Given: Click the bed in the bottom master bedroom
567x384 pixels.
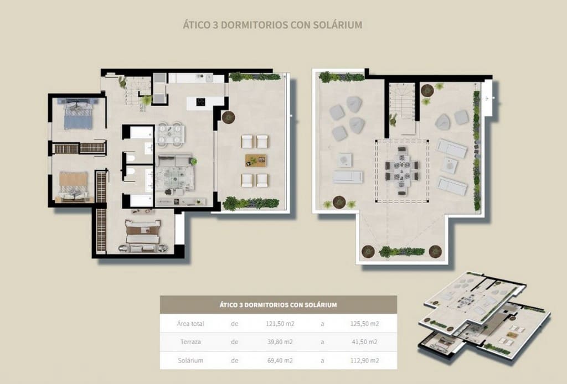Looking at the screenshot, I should [x=143, y=232].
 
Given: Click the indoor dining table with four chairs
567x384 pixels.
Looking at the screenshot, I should [x=170, y=133].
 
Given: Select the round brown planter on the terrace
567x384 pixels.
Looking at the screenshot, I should [x=228, y=116].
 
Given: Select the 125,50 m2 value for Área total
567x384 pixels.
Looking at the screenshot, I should [x=367, y=324].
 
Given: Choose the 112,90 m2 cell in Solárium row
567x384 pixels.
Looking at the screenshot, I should [x=367, y=360].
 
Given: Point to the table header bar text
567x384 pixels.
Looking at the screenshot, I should [x=278, y=305].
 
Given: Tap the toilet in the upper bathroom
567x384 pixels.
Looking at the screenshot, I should [x=130, y=158].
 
